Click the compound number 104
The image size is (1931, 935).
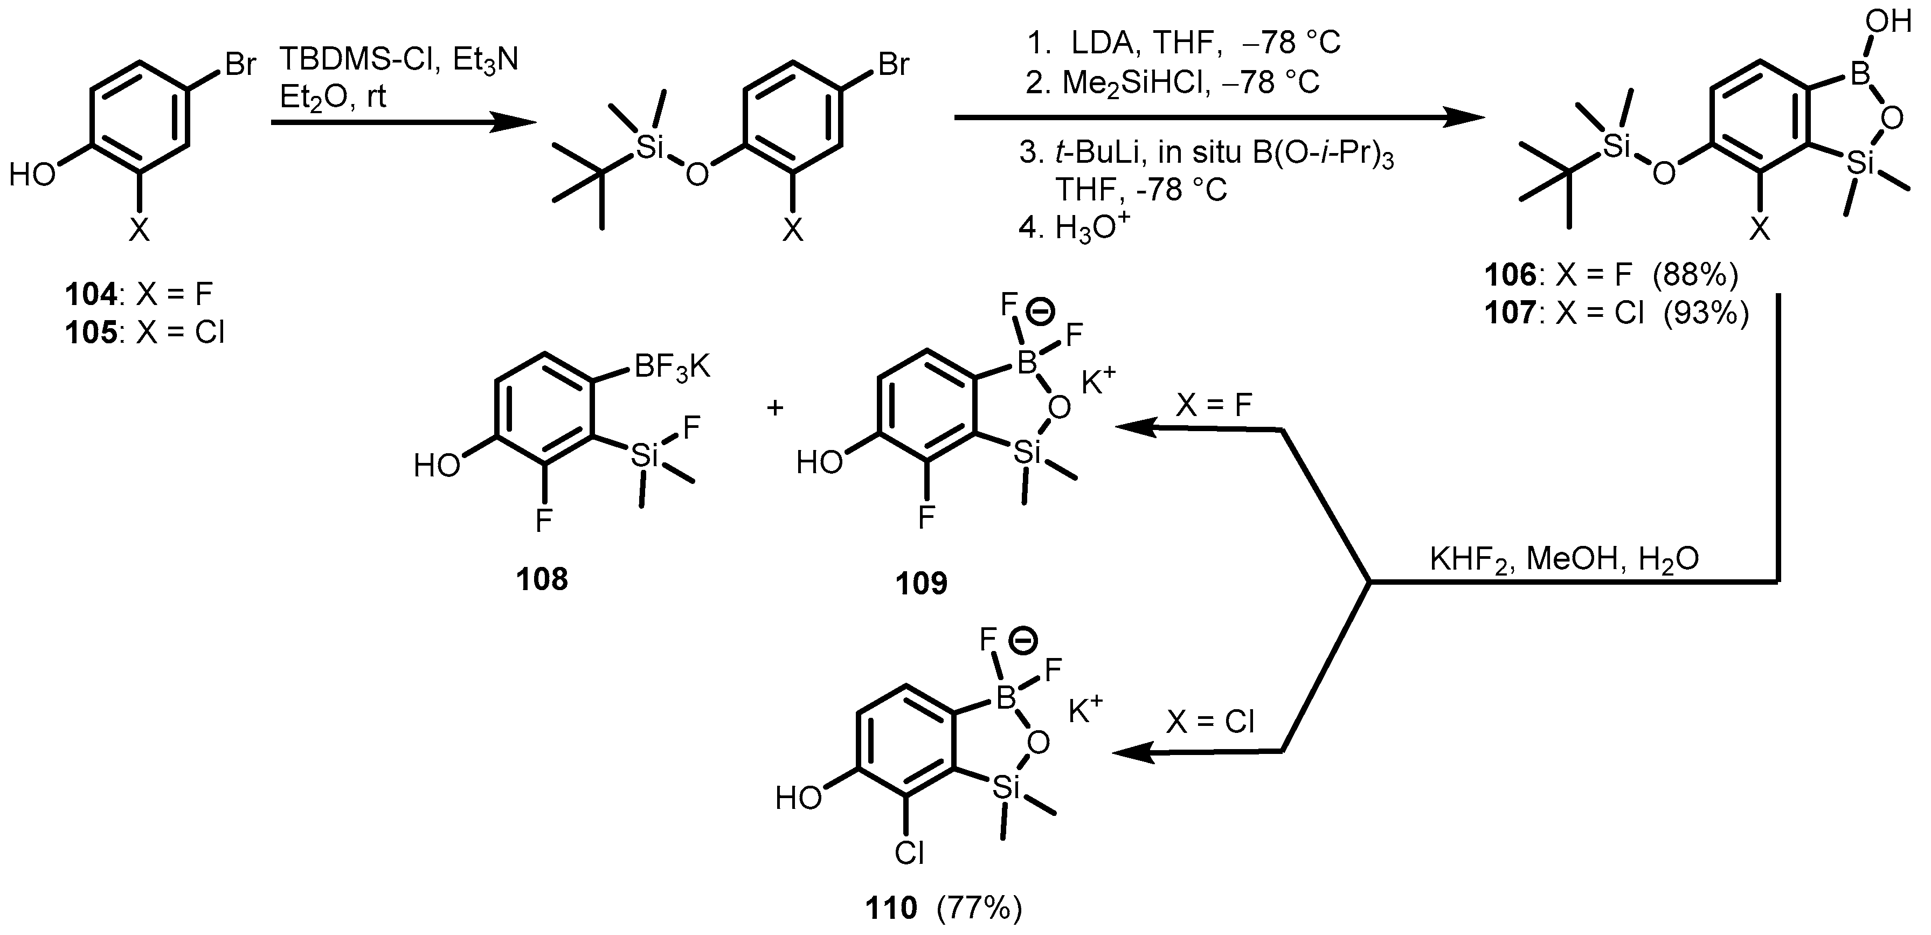tap(91, 294)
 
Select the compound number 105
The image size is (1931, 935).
tap(91, 332)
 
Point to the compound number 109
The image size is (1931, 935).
tap(921, 583)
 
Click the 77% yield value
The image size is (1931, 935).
tap(979, 909)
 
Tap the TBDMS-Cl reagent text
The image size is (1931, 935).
tap(359, 59)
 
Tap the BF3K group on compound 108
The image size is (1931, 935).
tap(673, 369)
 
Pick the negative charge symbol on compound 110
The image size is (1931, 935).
tap(1022, 640)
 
